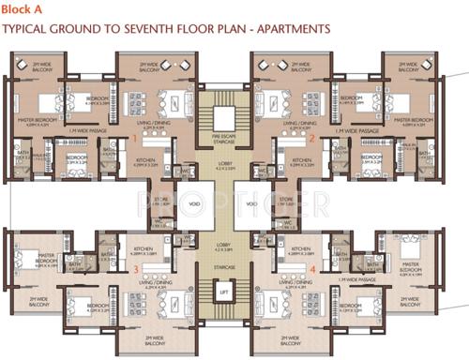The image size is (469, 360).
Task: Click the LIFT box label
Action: tap(222, 320)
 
